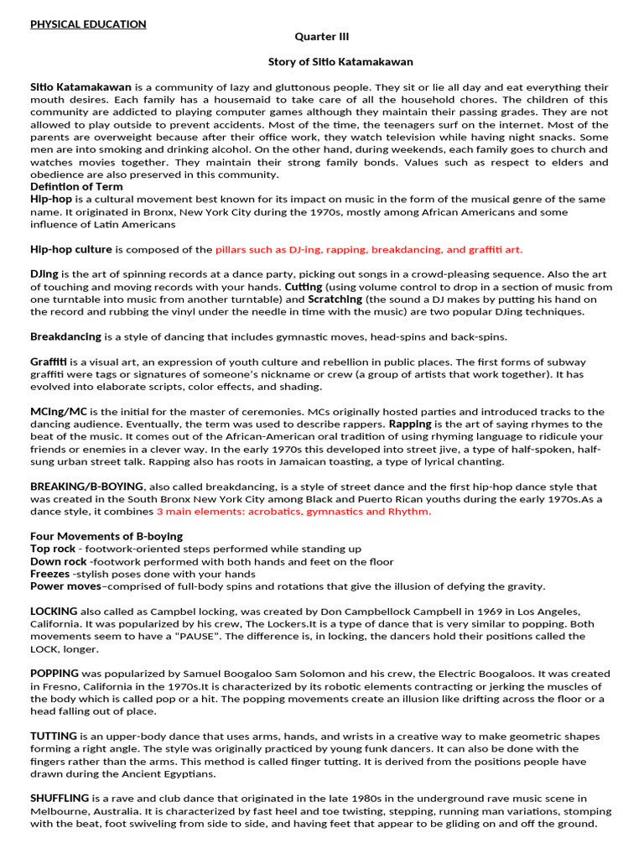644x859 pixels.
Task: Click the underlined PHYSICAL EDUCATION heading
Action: [88, 24]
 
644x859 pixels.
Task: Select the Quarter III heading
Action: [322, 37]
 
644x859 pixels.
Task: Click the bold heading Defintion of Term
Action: [76, 186]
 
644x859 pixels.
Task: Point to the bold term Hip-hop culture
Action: [71, 249]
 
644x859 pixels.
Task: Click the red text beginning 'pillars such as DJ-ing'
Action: [369, 249]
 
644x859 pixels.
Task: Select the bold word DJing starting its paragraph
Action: [44, 274]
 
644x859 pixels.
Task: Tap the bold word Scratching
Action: [335, 299]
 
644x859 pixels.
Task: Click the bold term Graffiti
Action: [49, 362]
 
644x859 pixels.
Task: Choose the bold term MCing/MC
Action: [59, 412]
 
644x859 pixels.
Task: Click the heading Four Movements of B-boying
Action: [106, 536]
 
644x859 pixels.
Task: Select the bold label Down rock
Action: [58, 561]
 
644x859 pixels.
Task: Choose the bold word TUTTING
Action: [54, 736]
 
